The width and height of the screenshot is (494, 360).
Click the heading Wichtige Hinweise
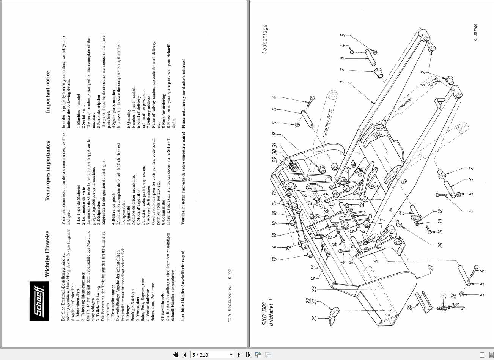[x=47, y=253]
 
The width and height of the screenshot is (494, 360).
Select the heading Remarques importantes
[x=47, y=171]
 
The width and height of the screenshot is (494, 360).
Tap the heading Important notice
[x=47, y=92]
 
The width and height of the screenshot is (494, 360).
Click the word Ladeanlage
[x=265, y=39]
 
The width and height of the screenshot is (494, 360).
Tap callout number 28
[x=440, y=245]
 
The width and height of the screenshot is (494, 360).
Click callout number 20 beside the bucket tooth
[x=314, y=318]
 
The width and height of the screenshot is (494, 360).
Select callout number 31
[x=274, y=146]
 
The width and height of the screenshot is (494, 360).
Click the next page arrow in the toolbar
[x=239, y=355]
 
